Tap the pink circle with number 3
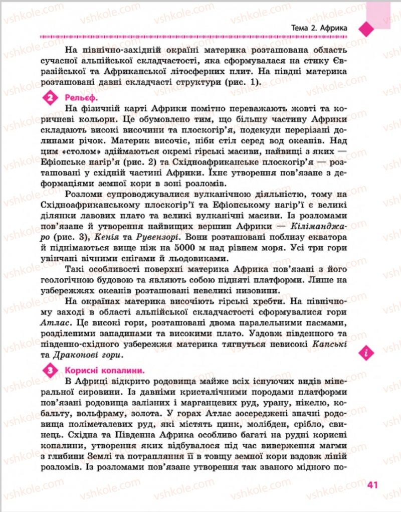tap(50, 372)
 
